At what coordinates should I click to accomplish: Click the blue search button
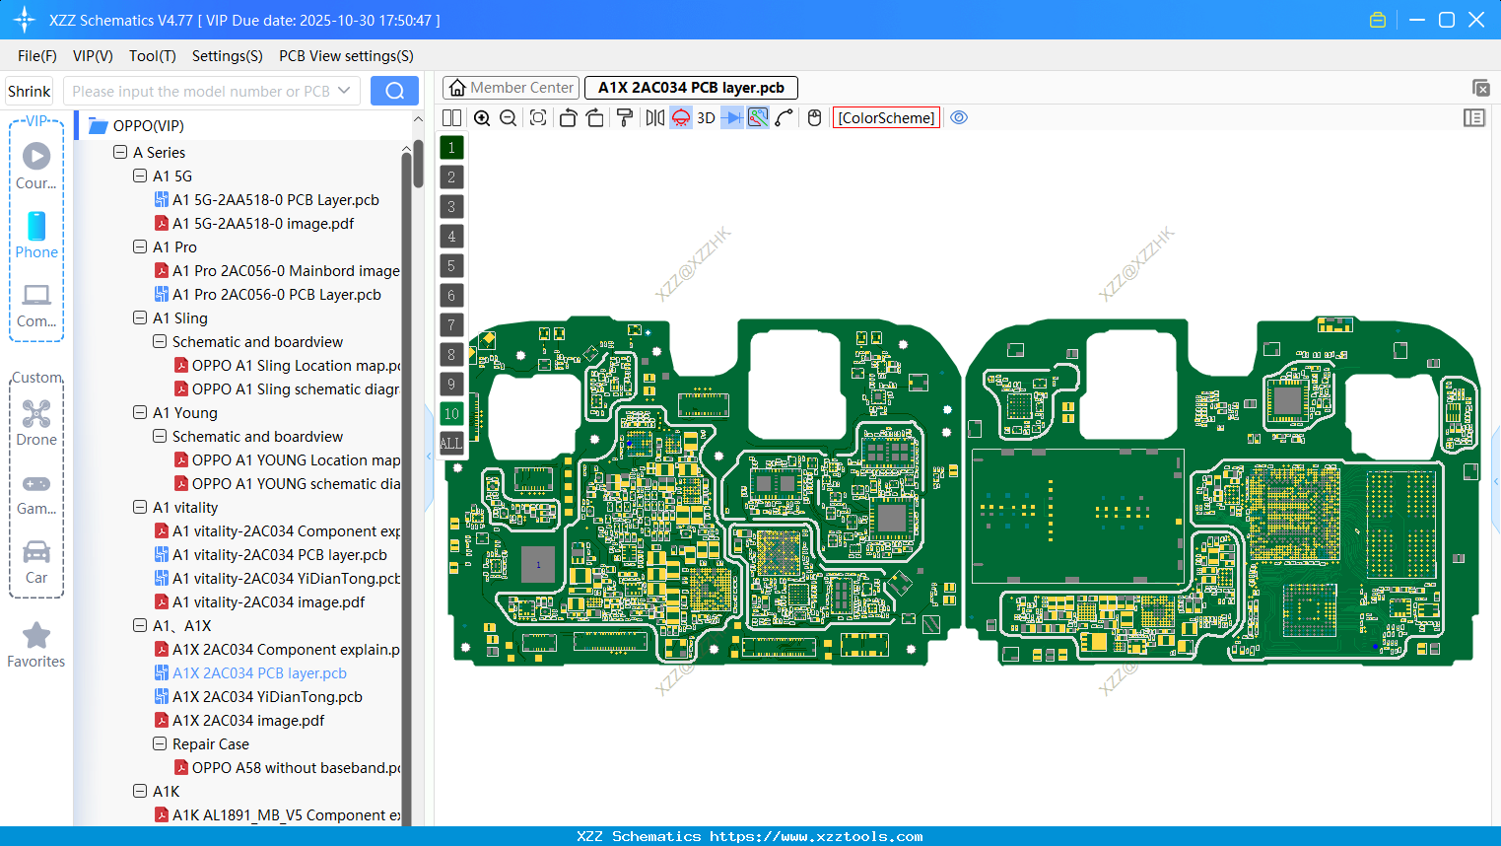[x=394, y=91]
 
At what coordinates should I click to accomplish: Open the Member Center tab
[x=512, y=88]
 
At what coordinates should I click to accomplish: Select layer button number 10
[x=451, y=414]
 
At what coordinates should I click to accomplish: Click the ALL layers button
[x=451, y=444]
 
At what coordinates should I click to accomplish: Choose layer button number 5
[x=451, y=266]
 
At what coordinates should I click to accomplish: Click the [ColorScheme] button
[x=886, y=118]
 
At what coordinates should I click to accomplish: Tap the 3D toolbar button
[x=706, y=118]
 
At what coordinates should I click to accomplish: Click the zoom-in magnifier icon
[x=482, y=118]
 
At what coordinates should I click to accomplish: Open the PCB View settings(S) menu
[x=346, y=56]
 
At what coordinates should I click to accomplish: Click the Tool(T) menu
[x=152, y=56]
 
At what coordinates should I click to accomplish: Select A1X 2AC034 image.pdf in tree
[x=248, y=721]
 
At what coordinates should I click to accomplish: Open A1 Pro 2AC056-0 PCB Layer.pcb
[x=276, y=295]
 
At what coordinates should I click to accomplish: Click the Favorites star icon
[x=36, y=636]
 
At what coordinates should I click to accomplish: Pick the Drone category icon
[x=36, y=414]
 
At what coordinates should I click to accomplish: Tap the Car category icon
[x=36, y=552]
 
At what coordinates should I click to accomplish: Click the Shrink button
[x=29, y=92]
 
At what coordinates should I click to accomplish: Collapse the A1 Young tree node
[x=140, y=413]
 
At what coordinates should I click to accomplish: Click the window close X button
[x=1475, y=20]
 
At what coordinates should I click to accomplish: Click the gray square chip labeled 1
[x=538, y=565]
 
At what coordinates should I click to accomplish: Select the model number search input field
[x=202, y=92]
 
